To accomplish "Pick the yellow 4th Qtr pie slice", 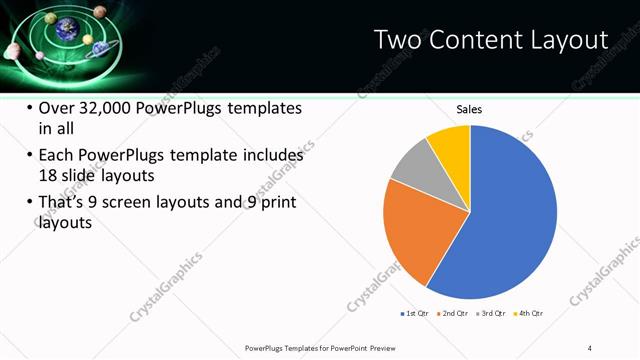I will tap(450, 145).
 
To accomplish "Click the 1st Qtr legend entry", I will tap(415, 314).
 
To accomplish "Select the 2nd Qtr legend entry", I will tap(453, 314).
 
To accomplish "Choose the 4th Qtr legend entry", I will tap(528, 314).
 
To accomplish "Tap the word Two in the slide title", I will tap(397, 40).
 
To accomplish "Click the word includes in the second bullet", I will tap(271, 156).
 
